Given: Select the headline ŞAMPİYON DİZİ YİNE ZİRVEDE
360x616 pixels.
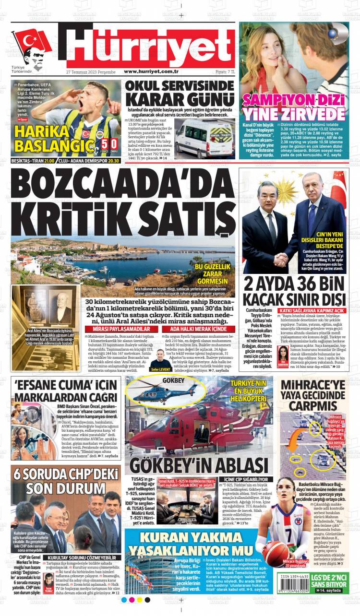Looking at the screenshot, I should pos(293,107).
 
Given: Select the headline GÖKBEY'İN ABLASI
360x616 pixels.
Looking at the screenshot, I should pos(198,465).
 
